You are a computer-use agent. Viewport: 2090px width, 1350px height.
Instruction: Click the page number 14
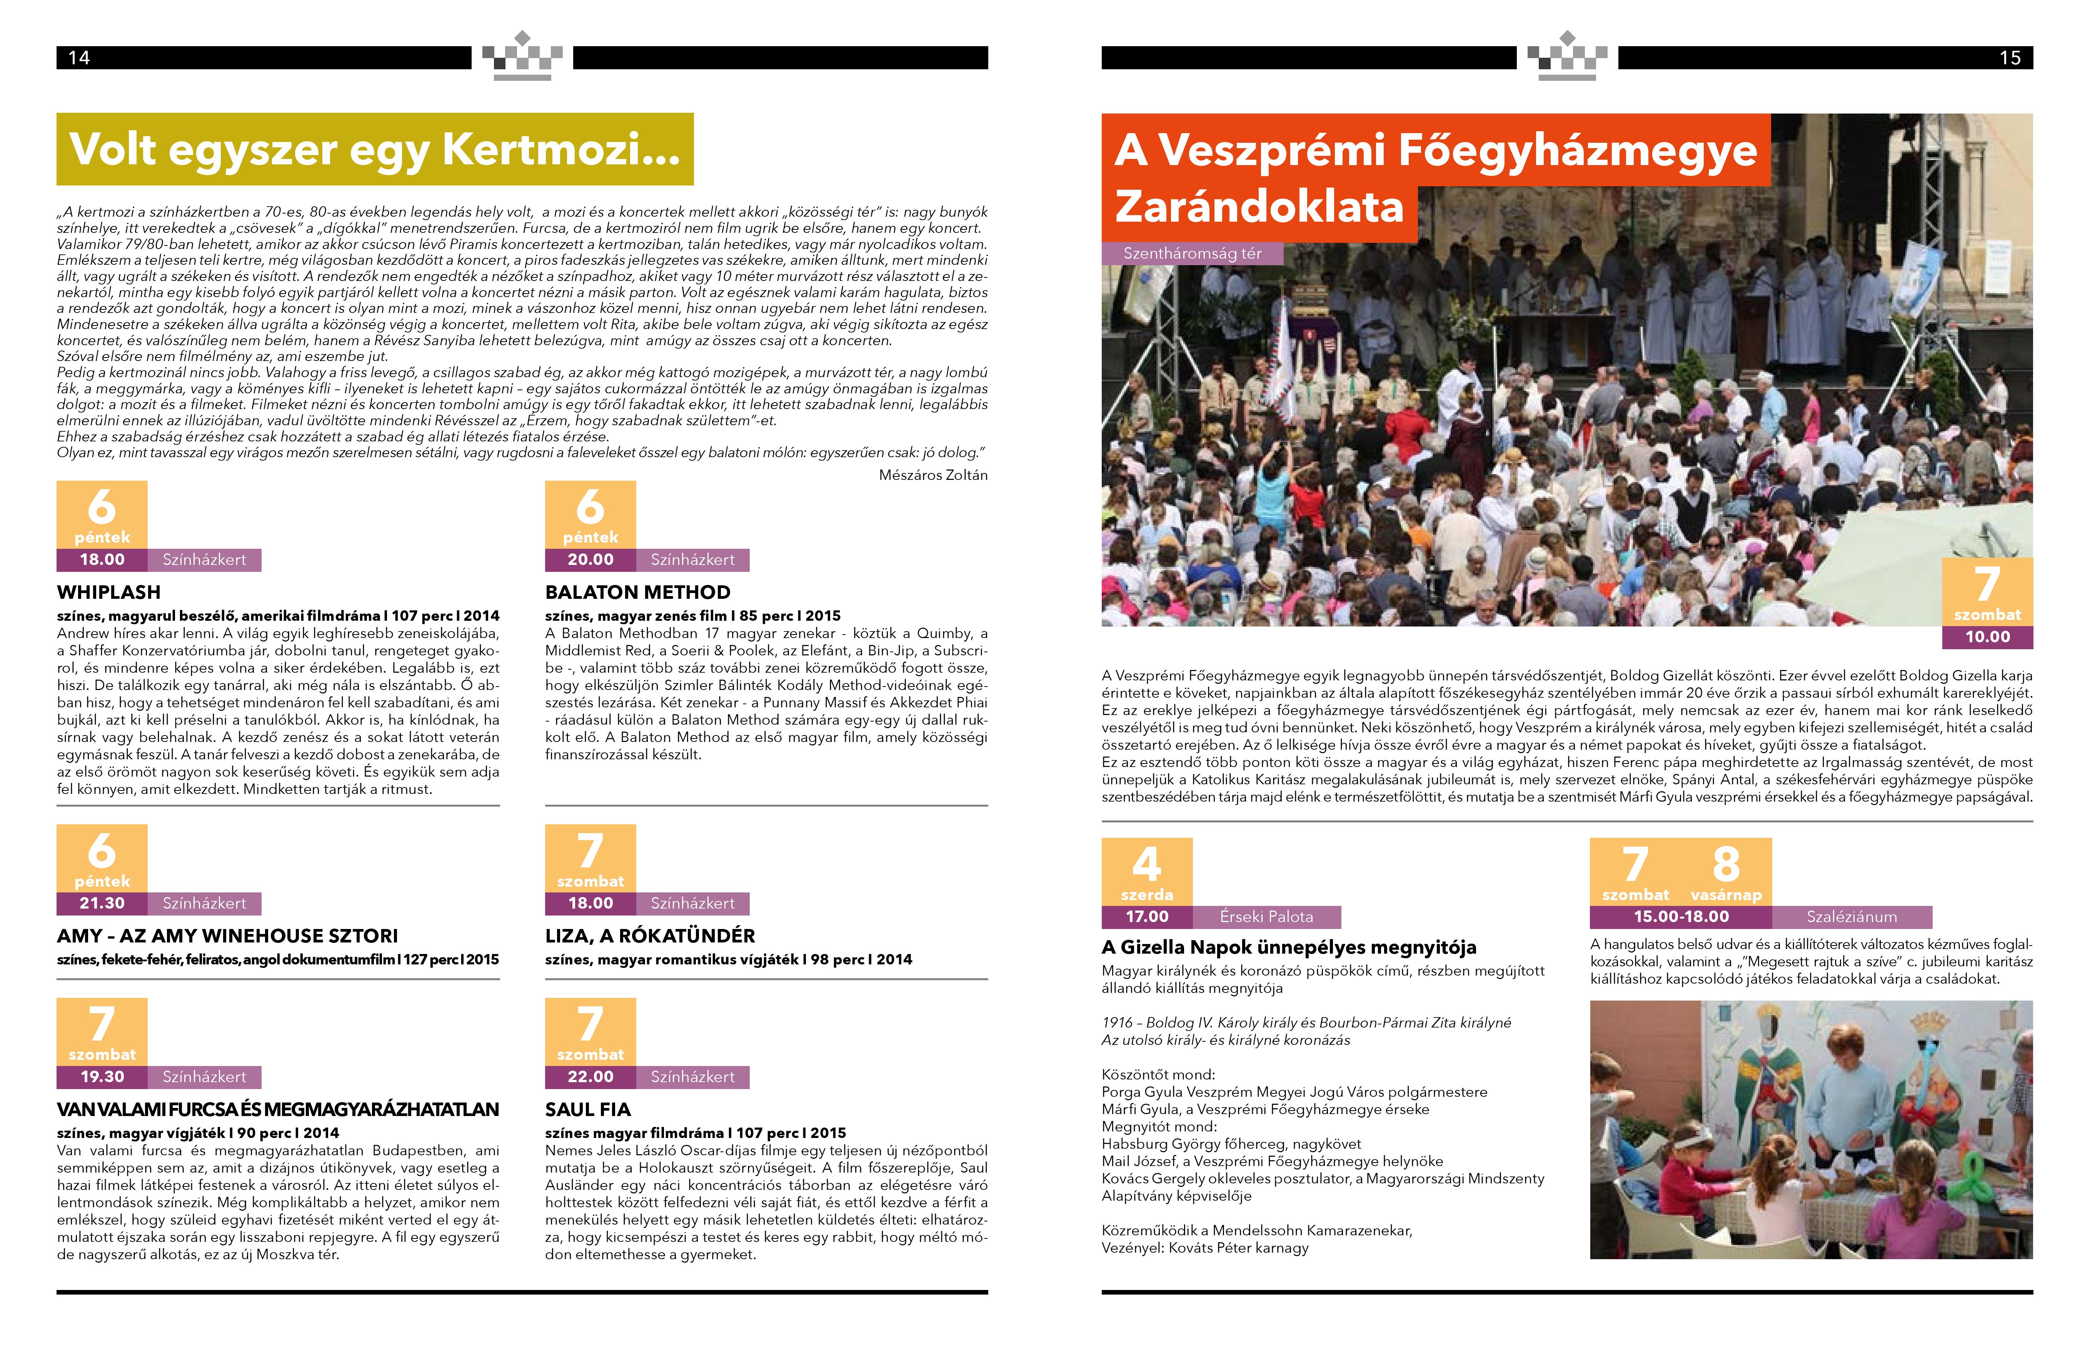[x=79, y=58]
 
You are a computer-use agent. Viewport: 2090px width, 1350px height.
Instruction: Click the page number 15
[x=2009, y=58]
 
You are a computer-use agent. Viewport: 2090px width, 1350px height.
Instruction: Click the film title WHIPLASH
[x=108, y=592]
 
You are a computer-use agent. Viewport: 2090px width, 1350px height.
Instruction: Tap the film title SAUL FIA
[x=587, y=1109]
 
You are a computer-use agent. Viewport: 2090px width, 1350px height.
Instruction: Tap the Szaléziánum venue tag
[x=1851, y=917]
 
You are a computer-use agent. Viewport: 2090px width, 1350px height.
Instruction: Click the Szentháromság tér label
[x=1192, y=253]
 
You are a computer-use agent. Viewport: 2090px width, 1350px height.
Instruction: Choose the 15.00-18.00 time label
[x=1681, y=917]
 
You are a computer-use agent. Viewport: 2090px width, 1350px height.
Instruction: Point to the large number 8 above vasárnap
[x=1725, y=864]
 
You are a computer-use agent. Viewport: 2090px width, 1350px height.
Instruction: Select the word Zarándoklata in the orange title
[x=1259, y=207]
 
